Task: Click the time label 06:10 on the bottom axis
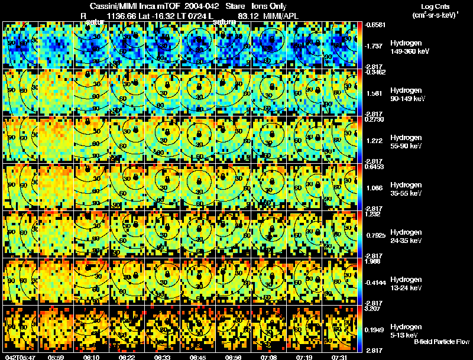click(x=92, y=356)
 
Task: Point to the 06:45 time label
click(x=197, y=356)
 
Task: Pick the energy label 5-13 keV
click(x=404, y=335)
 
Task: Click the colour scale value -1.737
click(x=375, y=46)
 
